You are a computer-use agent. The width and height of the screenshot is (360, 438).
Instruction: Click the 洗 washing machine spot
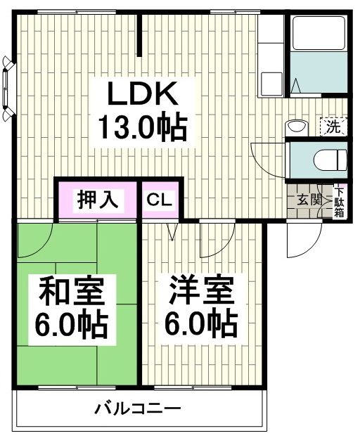[333, 127]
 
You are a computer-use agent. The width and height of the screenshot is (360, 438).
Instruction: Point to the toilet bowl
[329, 158]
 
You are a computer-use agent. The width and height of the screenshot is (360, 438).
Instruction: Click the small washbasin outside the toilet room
[297, 127]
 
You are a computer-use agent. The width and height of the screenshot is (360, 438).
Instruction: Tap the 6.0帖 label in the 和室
[72, 325]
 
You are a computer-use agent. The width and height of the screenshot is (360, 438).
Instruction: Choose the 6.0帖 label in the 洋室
[201, 325]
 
